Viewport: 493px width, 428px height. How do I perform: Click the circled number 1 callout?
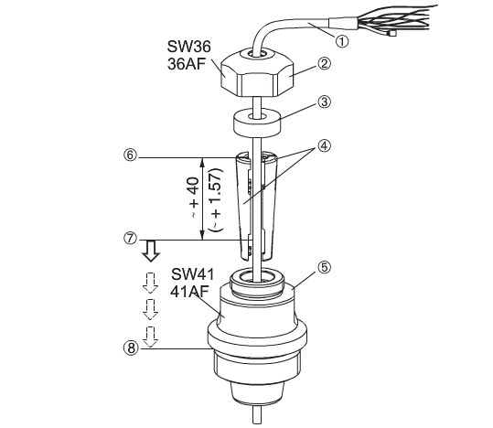coord(342,41)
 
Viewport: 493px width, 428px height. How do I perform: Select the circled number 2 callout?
coord(324,63)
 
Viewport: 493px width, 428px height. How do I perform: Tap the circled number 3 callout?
coord(324,102)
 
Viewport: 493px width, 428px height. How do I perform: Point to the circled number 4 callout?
coord(324,145)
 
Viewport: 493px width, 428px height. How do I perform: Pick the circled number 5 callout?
coord(324,268)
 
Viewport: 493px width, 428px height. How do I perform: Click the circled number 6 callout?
coord(131,155)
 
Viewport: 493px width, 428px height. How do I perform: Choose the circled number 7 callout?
coord(131,238)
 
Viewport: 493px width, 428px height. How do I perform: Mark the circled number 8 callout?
coord(131,348)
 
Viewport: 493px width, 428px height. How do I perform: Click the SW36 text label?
coord(189,47)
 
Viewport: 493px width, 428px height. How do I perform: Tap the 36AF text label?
coord(187,64)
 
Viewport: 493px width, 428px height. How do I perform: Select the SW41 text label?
coord(193,274)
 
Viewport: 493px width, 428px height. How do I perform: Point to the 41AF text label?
coord(189,292)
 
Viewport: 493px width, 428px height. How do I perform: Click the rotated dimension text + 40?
coord(194,198)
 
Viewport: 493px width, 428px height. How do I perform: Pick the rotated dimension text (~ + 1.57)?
coord(217,199)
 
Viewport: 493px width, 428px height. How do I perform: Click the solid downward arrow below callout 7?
coord(151,251)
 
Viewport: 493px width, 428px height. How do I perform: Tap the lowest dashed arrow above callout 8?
coord(150,337)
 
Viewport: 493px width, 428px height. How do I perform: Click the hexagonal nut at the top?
coord(258,73)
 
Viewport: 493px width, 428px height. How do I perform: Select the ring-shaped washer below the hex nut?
coord(257,123)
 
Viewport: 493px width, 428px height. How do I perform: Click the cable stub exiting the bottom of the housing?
coord(257,415)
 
